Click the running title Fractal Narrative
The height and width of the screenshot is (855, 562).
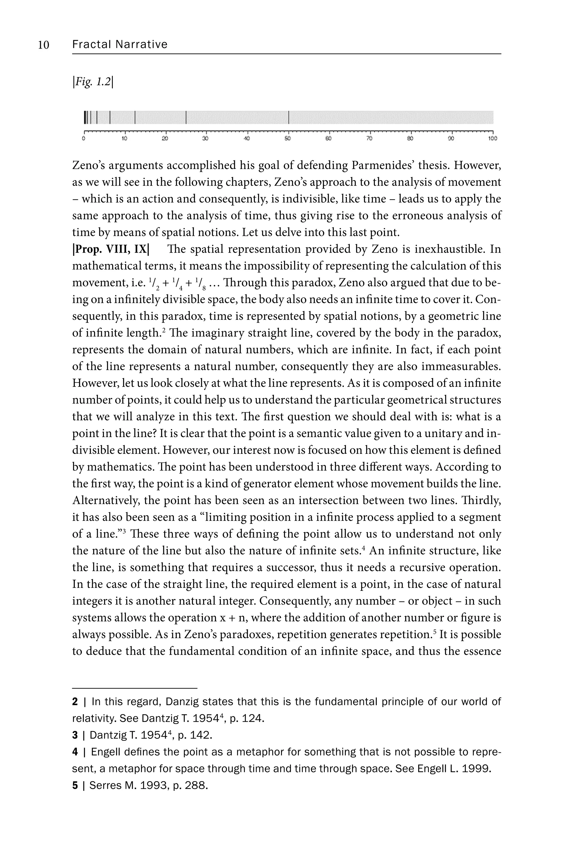(120, 44)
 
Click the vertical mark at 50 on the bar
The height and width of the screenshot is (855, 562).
(289, 118)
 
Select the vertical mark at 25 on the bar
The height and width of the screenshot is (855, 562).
(186, 118)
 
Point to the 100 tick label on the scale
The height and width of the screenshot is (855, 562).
(492, 139)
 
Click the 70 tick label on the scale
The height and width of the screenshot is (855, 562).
(370, 139)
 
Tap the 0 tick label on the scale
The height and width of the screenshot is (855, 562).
(84, 139)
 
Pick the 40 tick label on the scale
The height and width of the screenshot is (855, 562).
(247, 139)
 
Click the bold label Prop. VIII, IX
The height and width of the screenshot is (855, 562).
(111, 249)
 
